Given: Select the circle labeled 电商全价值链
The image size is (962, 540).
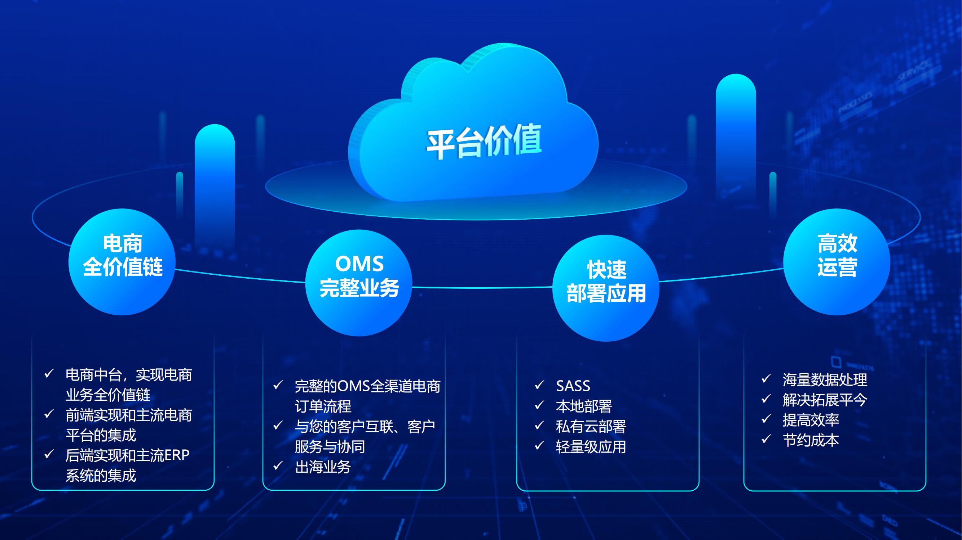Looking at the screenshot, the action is (x=122, y=262).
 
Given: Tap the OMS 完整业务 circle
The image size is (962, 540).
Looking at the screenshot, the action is (x=359, y=283).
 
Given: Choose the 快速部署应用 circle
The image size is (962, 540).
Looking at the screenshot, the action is (x=606, y=288).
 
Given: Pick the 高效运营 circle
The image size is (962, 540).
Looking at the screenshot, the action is (x=837, y=262).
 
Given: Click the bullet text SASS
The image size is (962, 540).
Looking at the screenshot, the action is (x=573, y=386).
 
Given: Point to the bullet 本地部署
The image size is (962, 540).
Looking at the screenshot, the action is (x=584, y=406).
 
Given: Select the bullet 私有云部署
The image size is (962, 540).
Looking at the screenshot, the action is (x=591, y=426).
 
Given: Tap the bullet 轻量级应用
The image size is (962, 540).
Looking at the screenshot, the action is (x=591, y=446).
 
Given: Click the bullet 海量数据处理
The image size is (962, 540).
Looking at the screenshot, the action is (x=825, y=380).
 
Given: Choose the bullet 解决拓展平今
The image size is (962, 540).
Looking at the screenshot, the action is (x=825, y=400).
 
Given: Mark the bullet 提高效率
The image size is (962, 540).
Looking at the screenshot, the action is (x=811, y=420).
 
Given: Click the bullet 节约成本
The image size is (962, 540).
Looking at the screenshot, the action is (x=811, y=440).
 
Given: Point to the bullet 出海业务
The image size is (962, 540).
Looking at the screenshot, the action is (x=323, y=467).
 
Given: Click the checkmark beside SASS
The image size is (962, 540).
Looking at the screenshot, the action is (x=539, y=385).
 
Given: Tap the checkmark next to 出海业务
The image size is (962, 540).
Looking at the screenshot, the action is (x=278, y=465).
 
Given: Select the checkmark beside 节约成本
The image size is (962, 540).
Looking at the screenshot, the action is (x=766, y=439).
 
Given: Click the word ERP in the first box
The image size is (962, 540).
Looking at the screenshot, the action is (x=177, y=455).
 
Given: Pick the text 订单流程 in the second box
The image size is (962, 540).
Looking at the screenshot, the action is (x=323, y=406).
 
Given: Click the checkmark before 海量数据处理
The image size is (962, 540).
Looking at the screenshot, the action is (x=766, y=378).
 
